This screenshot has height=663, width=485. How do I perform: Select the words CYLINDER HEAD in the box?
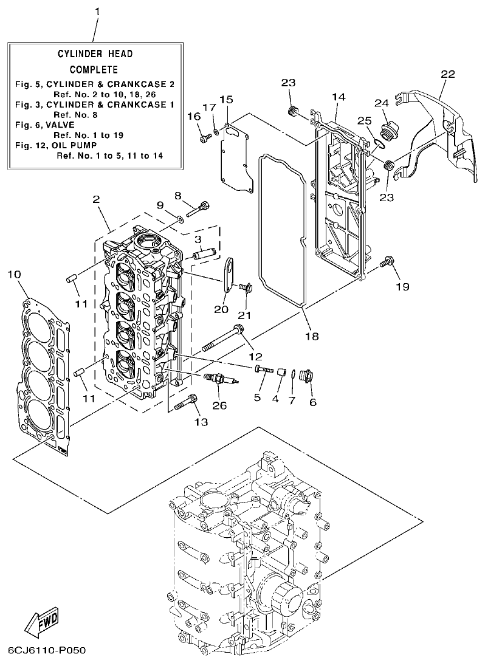[95, 54]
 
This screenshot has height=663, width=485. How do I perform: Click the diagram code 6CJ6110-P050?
[43, 651]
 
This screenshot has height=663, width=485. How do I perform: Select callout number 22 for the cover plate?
[447, 74]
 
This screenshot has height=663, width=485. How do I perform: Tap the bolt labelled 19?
[385, 263]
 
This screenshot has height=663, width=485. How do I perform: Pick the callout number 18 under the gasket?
[311, 335]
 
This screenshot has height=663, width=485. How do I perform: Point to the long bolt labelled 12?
[225, 339]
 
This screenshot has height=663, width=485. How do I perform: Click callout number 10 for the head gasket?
[13, 275]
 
